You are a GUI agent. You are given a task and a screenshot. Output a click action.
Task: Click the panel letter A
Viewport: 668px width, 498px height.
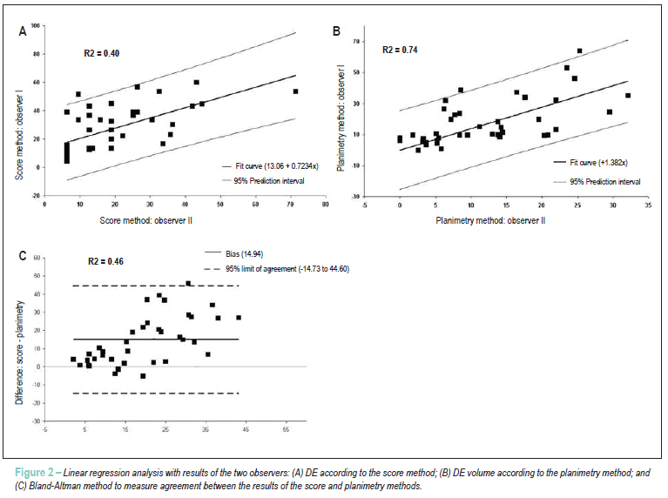tap(23, 31)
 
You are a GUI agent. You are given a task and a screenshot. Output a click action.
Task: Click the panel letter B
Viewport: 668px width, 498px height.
tap(336, 31)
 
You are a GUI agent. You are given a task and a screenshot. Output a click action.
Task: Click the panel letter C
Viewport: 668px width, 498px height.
tap(23, 256)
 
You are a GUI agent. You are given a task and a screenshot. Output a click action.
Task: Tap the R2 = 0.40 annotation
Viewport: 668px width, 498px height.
tap(101, 53)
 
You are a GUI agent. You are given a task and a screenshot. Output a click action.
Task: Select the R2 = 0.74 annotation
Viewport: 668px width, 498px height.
tap(400, 50)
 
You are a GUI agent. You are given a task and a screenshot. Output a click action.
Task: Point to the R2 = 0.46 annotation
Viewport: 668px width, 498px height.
tap(105, 261)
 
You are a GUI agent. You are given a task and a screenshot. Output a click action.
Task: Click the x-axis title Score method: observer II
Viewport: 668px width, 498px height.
tap(145, 220)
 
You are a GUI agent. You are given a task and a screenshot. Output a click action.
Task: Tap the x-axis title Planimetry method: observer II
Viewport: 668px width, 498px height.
tap(490, 220)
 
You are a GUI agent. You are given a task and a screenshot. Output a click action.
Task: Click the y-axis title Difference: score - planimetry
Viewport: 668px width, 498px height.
tap(20, 353)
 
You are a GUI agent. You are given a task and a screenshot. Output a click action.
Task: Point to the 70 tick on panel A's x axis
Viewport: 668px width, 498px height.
tap(290, 205)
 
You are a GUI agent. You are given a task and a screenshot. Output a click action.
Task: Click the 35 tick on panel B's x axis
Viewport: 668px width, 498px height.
tap(648, 205)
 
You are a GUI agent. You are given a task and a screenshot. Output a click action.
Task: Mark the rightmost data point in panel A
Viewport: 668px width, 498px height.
tap(295, 91)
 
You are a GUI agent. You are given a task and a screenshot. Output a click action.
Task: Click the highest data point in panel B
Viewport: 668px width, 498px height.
tap(579, 50)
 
